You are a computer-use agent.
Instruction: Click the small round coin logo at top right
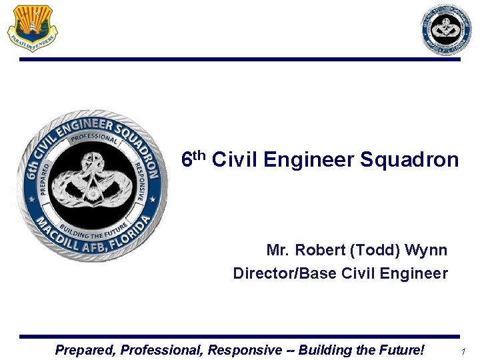pos(446,29)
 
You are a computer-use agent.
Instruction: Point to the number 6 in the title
pos(188,161)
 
